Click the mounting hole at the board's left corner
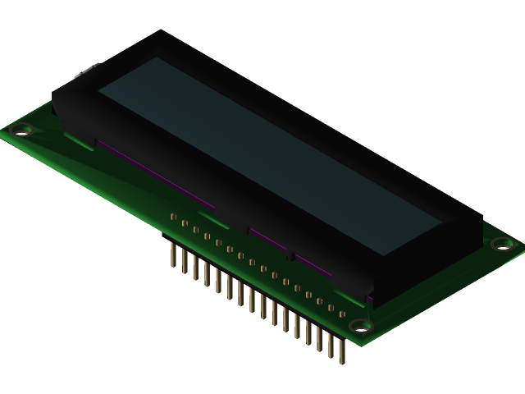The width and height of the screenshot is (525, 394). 22,129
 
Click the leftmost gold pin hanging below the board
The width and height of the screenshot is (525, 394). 173,254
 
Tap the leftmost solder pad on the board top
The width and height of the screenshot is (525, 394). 173,217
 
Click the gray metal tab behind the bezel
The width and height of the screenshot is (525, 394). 86,73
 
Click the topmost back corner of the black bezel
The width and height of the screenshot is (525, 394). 162,30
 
